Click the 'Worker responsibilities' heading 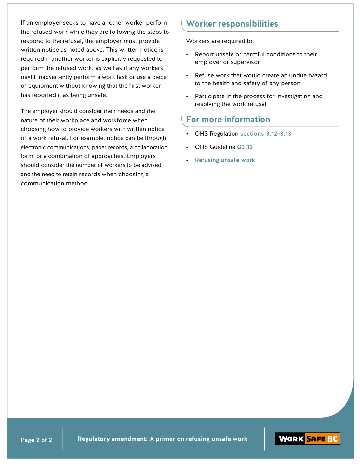(232, 24)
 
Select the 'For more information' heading (228, 120)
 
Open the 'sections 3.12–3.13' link (266, 134)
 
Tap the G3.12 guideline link (245, 147)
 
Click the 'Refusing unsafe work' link (225, 160)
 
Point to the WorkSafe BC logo (307, 439)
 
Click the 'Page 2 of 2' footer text (36, 440)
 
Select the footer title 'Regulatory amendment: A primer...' (163, 439)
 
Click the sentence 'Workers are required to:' (220, 41)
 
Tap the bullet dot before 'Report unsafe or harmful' (187, 55)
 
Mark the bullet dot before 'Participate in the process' (187, 97)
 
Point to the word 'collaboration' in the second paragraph (151, 147)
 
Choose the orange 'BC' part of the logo (332, 439)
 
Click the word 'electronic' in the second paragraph (33, 147)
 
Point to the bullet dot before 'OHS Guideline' (187, 147)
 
